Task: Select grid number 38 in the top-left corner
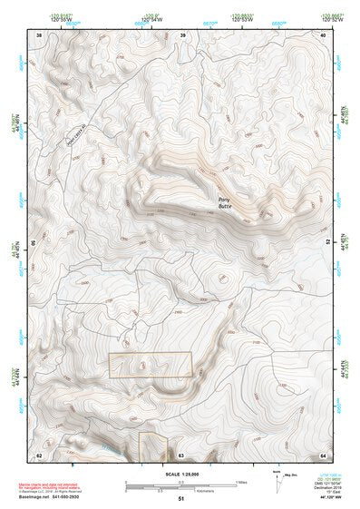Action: click(x=39, y=34)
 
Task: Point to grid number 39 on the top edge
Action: click(x=183, y=34)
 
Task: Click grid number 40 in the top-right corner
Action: click(x=324, y=34)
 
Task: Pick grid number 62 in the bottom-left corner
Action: click(x=39, y=455)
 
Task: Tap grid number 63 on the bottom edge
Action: click(x=180, y=455)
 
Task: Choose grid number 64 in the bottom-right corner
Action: click(x=324, y=455)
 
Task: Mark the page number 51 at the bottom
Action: click(x=180, y=499)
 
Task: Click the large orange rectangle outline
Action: click(x=151, y=365)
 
